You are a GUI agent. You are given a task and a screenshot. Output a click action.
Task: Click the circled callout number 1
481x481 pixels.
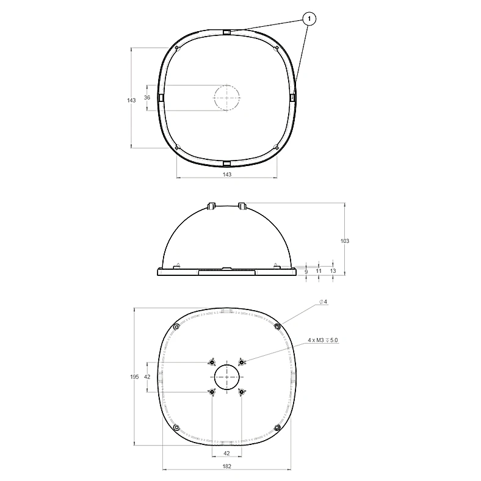(309, 19)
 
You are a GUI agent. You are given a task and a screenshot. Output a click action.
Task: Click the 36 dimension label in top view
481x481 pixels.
(147, 97)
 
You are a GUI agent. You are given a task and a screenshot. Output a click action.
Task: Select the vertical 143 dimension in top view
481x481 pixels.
(131, 100)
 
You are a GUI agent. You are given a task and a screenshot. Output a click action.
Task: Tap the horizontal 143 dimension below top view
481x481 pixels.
(226, 174)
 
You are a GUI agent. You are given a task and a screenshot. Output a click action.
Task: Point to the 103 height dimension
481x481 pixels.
(344, 241)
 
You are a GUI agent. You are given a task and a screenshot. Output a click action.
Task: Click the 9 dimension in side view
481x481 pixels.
(306, 271)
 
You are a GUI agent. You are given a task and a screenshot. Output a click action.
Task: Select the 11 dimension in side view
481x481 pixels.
(319, 271)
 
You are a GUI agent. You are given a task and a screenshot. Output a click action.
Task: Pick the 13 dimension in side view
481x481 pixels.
(333, 271)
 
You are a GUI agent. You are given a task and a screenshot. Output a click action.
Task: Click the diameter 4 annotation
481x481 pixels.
(323, 302)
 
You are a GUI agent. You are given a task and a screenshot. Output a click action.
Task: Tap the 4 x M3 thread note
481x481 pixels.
(323, 340)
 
